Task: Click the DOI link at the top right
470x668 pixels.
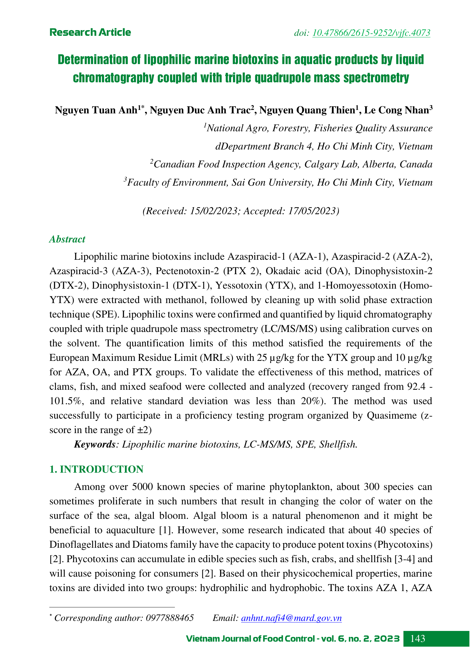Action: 371,33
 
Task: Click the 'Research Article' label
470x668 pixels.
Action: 90,32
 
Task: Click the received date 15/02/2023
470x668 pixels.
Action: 213,211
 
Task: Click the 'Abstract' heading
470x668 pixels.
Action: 67,239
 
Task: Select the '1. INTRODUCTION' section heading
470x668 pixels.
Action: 96,469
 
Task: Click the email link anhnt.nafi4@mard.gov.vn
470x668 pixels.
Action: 291,618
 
